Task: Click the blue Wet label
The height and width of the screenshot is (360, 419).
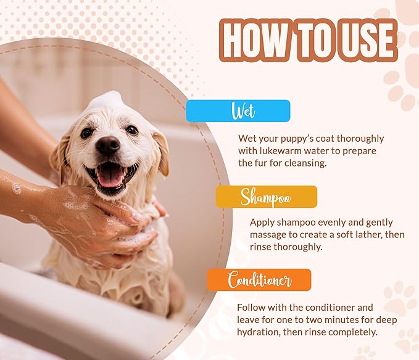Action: click(238, 111)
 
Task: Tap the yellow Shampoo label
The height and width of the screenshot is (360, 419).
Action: click(266, 197)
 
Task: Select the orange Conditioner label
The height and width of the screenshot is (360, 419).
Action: click(259, 280)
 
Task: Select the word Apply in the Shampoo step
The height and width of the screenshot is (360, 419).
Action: click(263, 222)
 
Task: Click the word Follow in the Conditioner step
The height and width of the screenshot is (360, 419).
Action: click(252, 307)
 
